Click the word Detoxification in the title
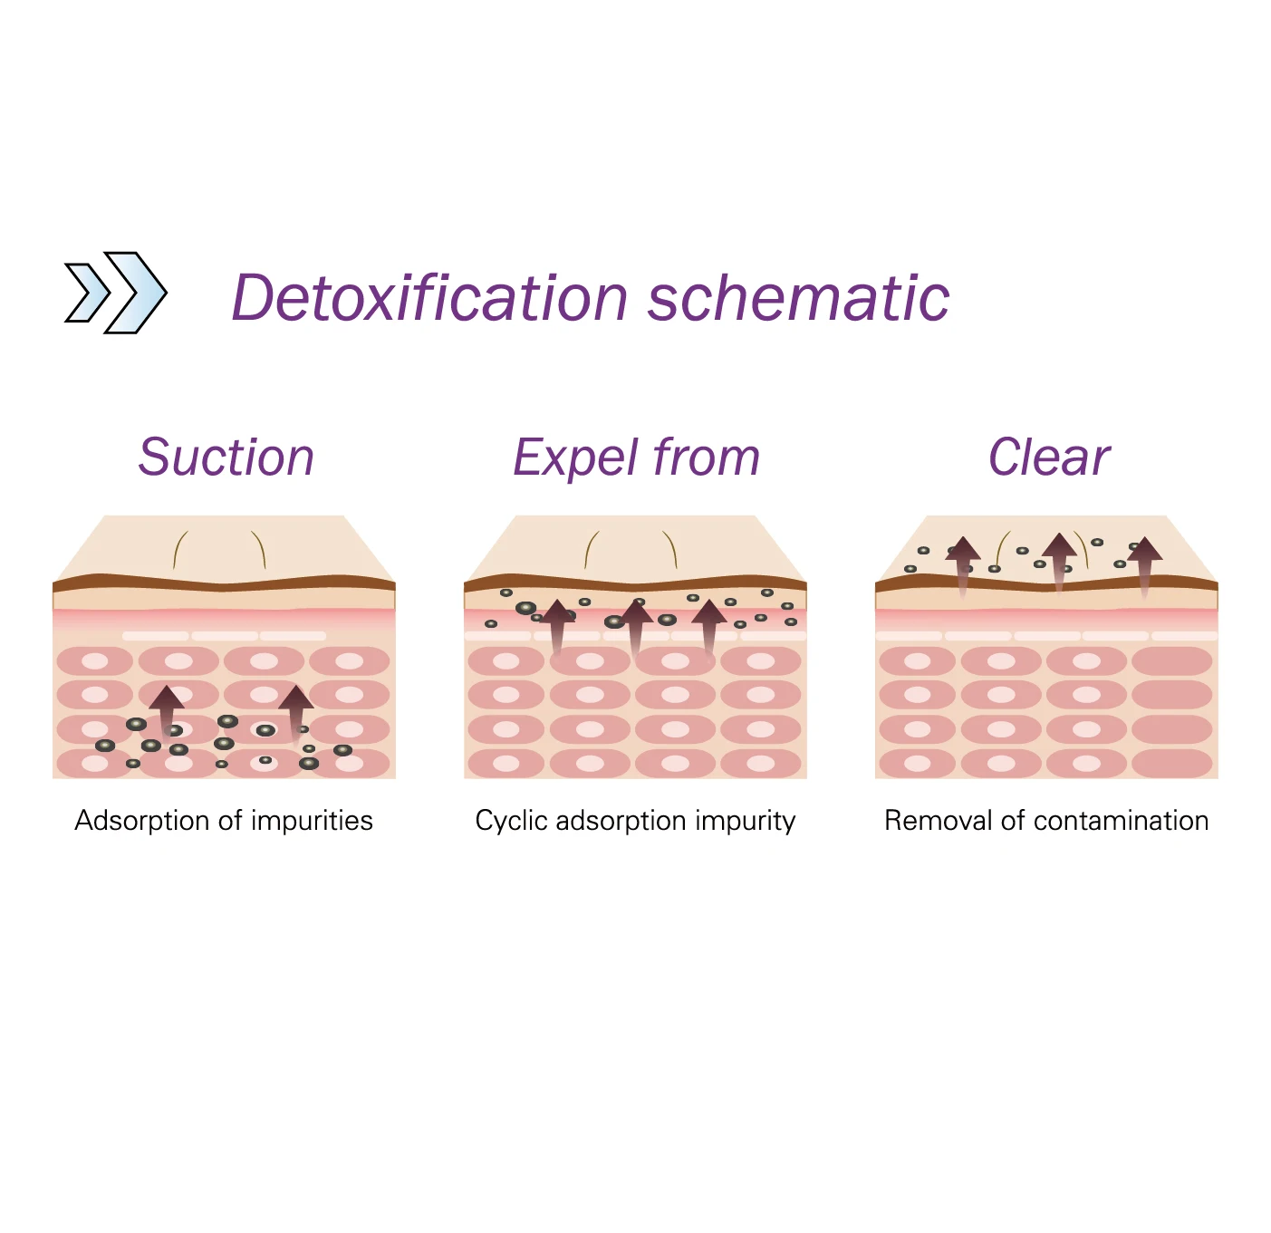pos(429,298)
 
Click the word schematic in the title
pos(798,298)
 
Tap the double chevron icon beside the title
pos(116,293)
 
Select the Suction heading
pos(226,457)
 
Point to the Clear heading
pos(1048,457)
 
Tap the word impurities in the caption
pos(312,821)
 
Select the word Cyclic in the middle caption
pos(511,821)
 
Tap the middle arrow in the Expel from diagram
pos(637,624)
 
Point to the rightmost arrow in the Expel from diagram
pos(709,624)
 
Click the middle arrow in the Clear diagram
pos(1058,558)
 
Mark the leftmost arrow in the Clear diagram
pos(963,563)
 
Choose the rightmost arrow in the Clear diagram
pos(1145,563)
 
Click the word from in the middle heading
pos(706,457)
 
